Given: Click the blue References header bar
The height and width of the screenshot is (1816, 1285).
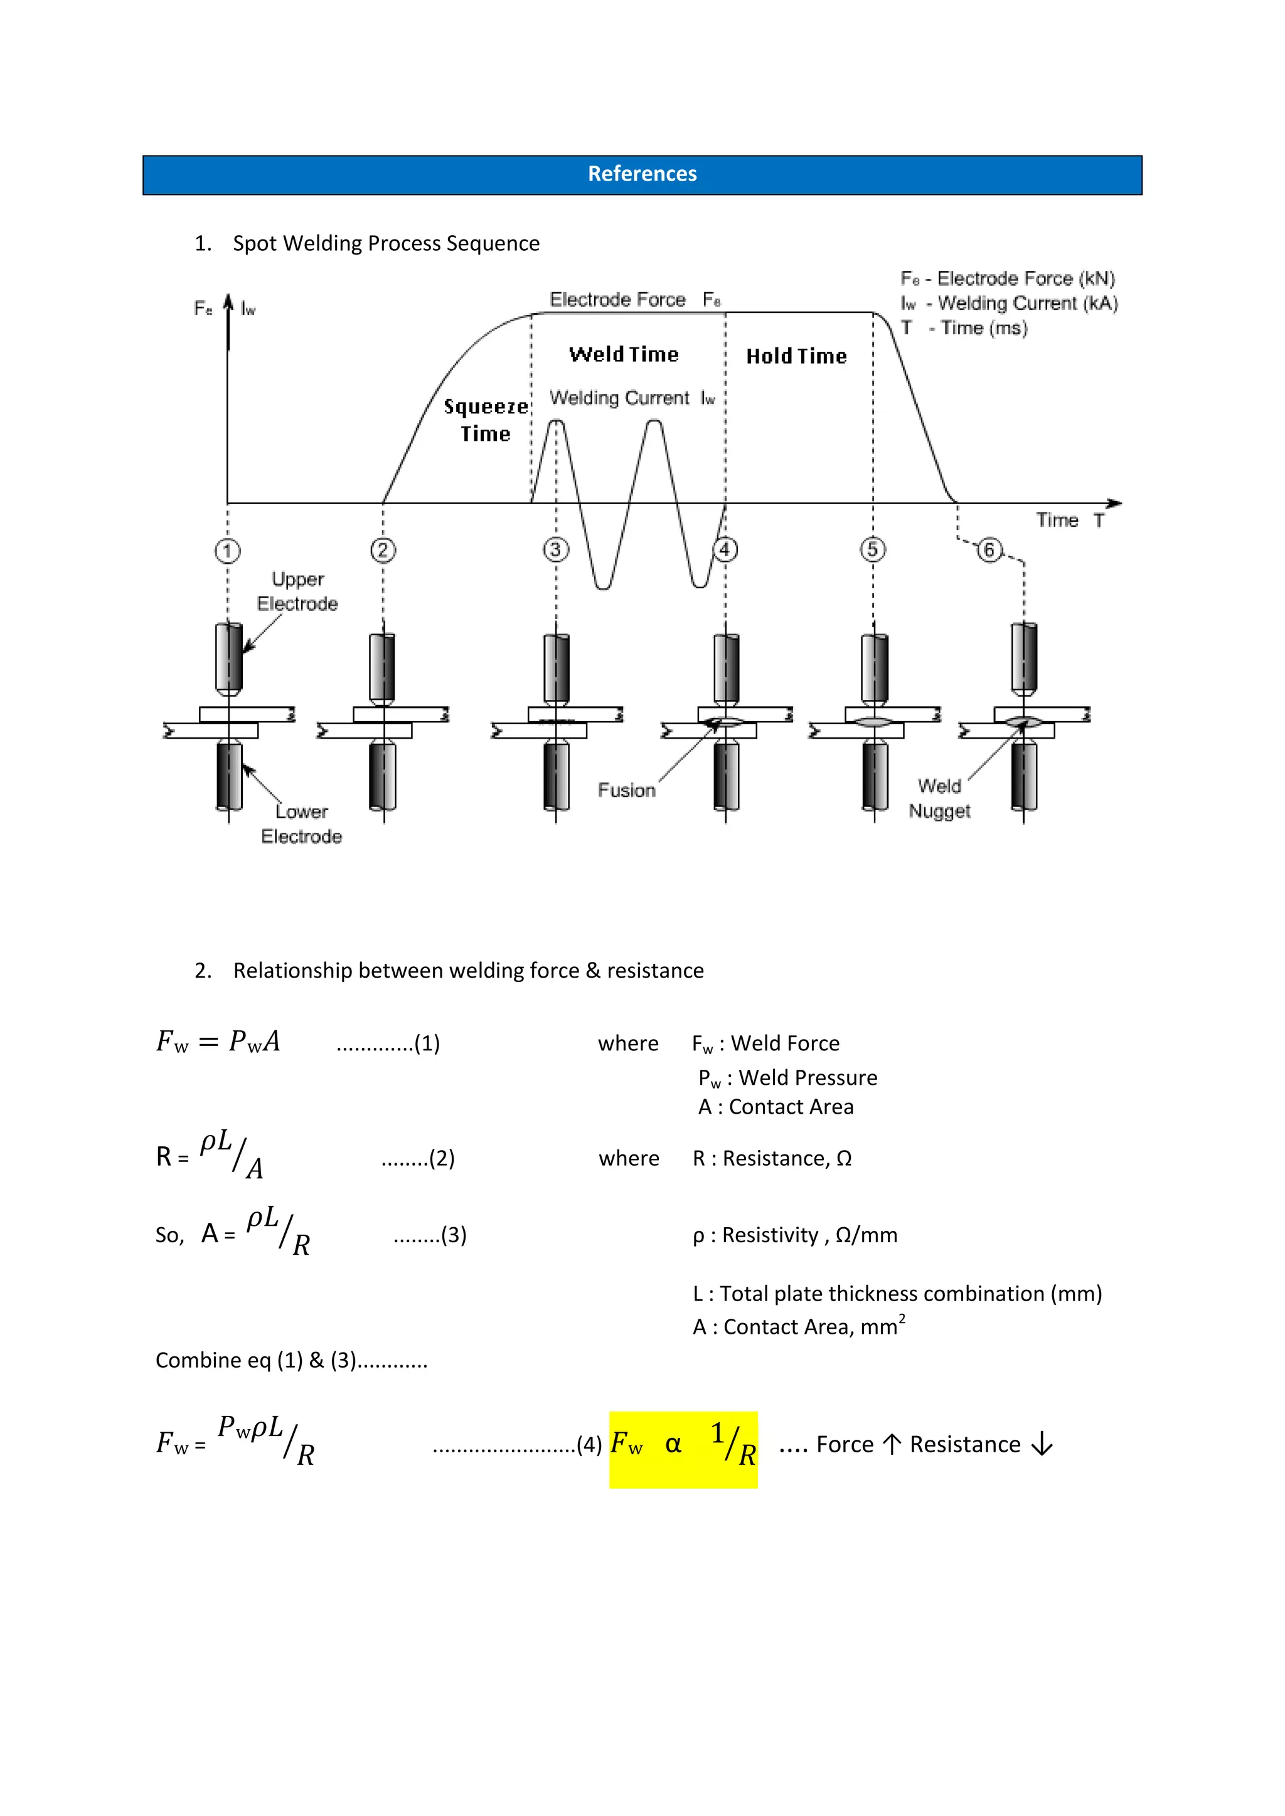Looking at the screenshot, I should (x=642, y=175).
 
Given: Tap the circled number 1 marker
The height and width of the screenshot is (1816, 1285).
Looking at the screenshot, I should (x=227, y=551).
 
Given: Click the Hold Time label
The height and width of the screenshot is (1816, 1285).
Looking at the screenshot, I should (x=796, y=357).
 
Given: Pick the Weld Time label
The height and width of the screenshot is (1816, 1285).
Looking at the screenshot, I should (x=624, y=354).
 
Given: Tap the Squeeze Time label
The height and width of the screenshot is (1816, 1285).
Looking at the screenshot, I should (x=486, y=420).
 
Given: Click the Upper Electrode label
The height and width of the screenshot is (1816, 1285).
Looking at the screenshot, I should (x=297, y=591).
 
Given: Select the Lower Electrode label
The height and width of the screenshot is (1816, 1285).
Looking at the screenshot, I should (x=301, y=824).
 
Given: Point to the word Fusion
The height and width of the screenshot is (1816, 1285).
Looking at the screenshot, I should (x=626, y=790).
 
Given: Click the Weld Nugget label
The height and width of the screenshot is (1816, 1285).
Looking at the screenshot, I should (x=939, y=798).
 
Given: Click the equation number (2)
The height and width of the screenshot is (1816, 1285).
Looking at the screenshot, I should (x=440, y=1159).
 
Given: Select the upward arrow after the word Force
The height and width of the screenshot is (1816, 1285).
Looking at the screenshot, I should (x=891, y=1444).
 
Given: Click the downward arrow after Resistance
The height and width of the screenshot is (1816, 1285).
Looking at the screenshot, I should (x=1042, y=1444).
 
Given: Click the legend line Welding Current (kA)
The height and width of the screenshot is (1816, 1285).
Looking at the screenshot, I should (x=1010, y=304).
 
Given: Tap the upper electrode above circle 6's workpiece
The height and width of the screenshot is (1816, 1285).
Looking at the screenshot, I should (x=1024, y=657).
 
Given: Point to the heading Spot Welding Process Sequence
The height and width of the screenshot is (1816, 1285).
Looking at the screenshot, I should (x=385, y=243).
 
